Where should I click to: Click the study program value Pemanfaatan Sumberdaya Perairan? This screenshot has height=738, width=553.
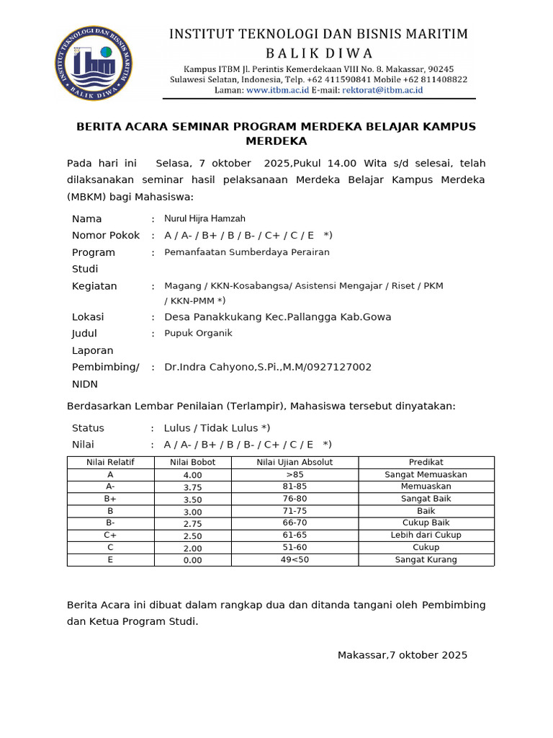(247, 252)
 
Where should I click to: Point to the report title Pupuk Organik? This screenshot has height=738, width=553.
(198, 333)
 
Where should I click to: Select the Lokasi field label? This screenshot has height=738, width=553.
(88, 316)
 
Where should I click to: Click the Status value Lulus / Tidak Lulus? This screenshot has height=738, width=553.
(217, 427)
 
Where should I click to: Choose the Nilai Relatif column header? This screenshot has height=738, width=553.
(110, 462)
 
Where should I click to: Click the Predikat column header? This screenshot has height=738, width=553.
(426, 462)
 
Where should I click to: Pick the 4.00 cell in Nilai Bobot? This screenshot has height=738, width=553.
(192, 475)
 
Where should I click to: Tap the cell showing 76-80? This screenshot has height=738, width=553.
(295, 499)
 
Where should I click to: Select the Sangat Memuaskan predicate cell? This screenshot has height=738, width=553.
(426, 474)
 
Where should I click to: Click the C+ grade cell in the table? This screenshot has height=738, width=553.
(110, 535)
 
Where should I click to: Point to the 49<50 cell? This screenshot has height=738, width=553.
(295, 560)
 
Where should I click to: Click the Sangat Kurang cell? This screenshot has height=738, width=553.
(426, 560)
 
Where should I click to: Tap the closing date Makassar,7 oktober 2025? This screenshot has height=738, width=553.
(403, 655)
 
